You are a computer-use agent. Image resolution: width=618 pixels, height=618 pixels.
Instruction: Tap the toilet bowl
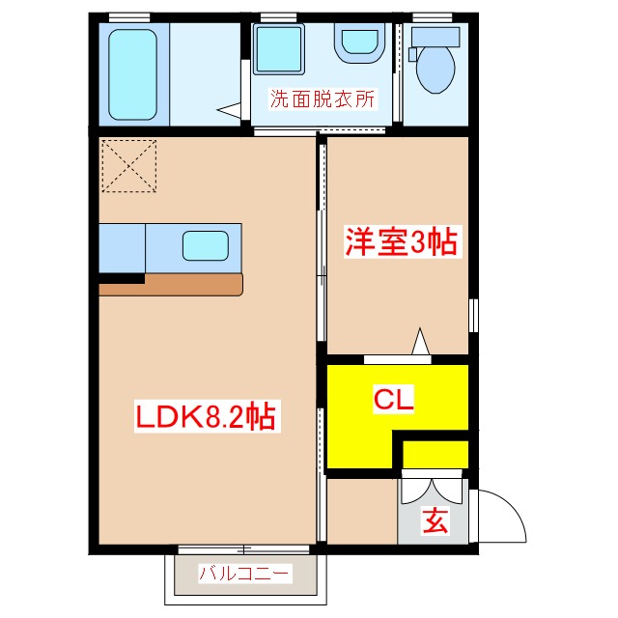435,66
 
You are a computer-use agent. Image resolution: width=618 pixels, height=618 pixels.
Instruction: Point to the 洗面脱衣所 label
322,98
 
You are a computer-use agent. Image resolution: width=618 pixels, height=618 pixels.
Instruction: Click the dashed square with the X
127,165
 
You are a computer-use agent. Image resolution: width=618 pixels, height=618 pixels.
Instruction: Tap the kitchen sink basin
208,246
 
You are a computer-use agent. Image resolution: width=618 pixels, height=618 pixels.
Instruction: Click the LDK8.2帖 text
205,417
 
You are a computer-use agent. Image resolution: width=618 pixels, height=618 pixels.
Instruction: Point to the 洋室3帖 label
401,241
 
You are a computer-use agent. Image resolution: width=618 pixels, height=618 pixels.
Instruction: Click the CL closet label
394,399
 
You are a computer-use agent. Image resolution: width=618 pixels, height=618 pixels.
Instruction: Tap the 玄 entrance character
435,522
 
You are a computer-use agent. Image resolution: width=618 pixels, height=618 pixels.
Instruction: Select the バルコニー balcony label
244,574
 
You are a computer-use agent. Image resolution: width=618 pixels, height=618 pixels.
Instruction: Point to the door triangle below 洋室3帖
421,343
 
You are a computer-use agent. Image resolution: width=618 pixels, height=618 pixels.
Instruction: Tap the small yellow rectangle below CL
435,453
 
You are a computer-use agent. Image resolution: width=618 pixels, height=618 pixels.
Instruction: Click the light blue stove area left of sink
122,247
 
